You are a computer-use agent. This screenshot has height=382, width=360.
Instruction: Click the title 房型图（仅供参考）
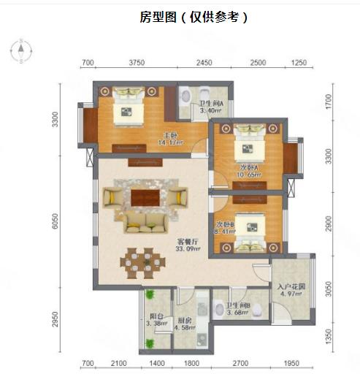[194, 18]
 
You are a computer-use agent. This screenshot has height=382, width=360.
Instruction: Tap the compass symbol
[22, 50]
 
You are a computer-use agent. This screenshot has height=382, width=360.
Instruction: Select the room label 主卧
[169, 135]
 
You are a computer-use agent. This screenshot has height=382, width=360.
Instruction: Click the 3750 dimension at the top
[137, 64]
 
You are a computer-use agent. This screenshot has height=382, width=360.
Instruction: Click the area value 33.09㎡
[187, 249]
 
